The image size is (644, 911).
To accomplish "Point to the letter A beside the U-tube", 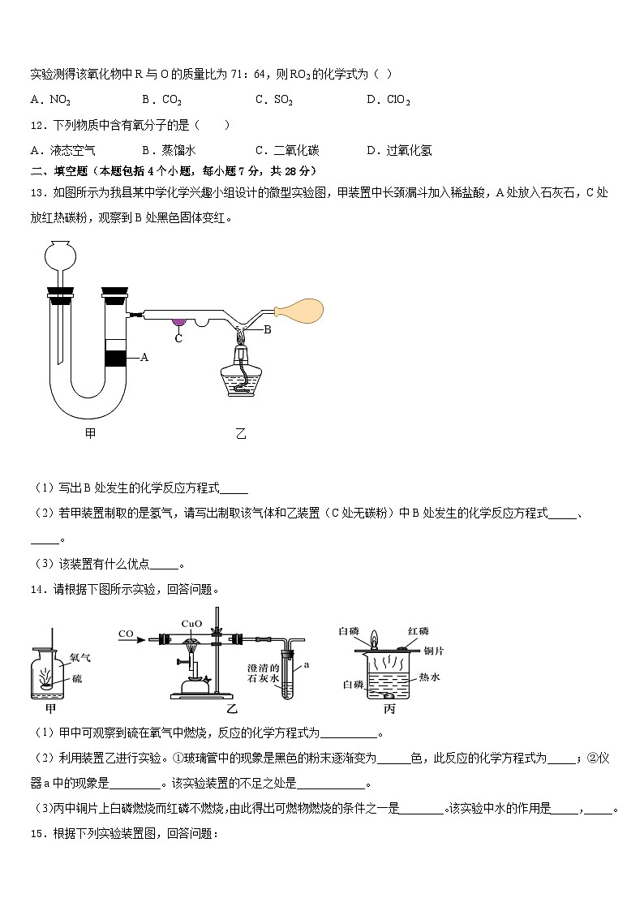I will click(144, 356).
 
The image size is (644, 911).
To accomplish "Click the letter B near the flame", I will click(267, 329).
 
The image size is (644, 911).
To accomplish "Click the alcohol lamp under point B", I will click(241, 370).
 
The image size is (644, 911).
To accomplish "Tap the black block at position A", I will click(115, 356).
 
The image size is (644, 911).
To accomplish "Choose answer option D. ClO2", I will click(389, 100).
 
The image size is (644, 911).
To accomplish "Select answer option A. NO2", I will click(50, 100).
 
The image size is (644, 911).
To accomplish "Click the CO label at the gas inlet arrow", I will click(126, 634).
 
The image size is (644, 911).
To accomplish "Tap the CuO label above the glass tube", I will click(191, 624).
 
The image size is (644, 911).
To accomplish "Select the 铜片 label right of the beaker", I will click(434, 650).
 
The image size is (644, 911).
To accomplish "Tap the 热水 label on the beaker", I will click(429, 677).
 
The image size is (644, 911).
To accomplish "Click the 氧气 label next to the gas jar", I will click(81, 660).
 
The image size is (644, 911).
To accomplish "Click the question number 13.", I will click(37, 192).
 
